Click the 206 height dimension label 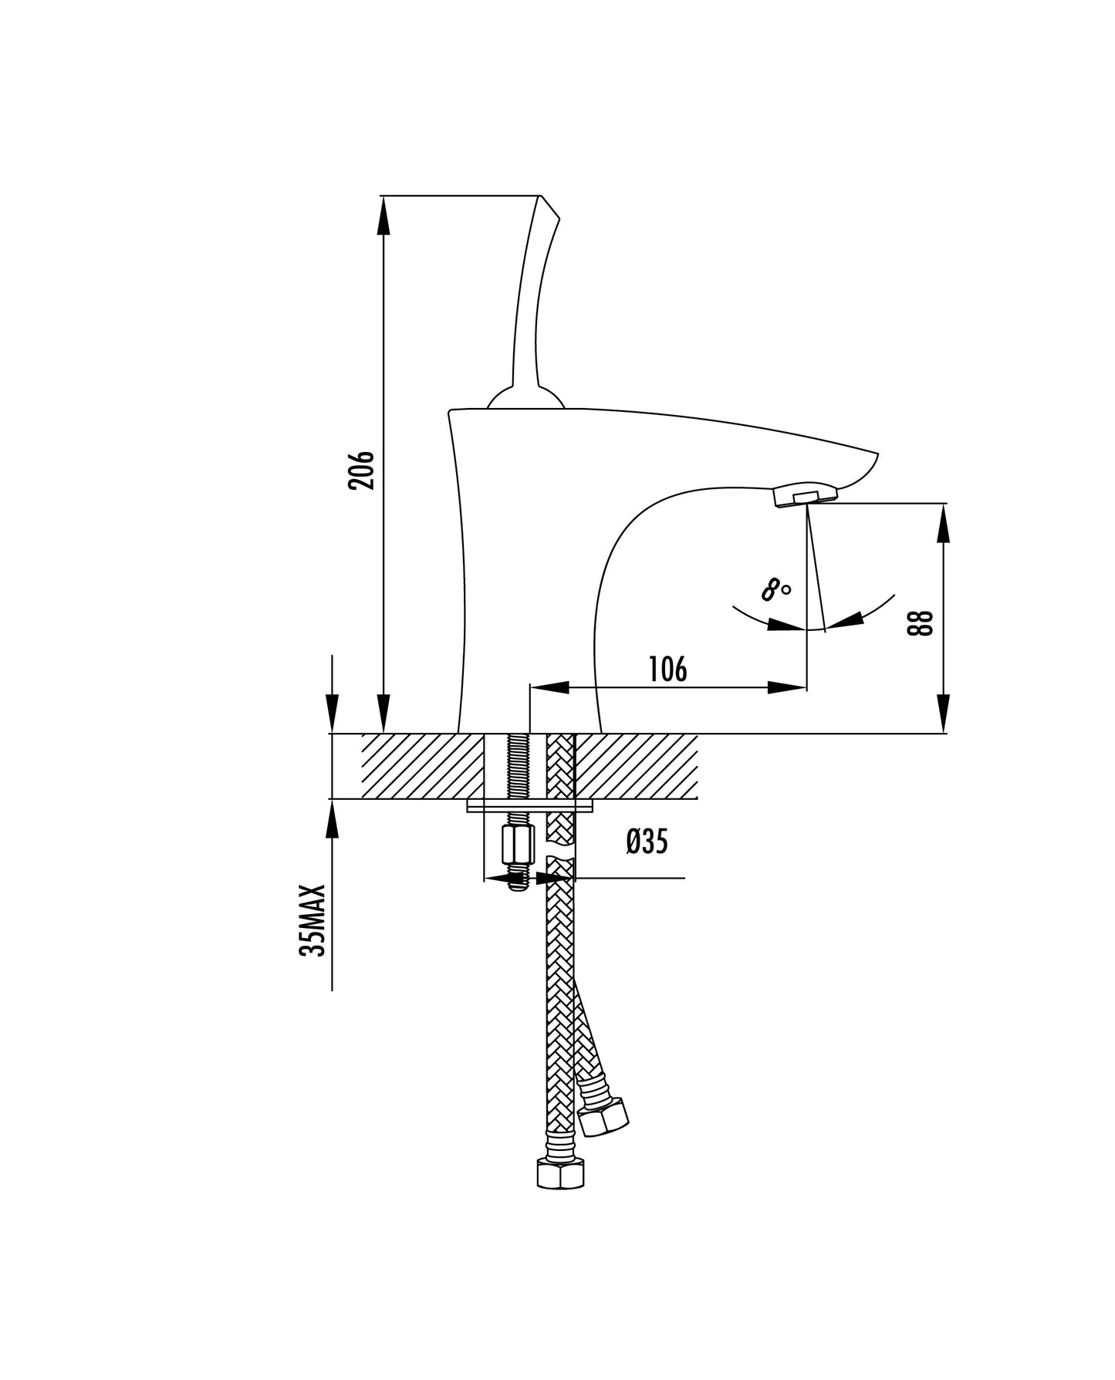[361, 471]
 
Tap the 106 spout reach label [667, 670]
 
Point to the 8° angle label [775, 591]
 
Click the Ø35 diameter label [647, 842]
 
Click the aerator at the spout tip [804, 494]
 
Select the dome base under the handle [526, 398]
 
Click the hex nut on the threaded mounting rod [513, 846]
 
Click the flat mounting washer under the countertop [530, 805]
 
